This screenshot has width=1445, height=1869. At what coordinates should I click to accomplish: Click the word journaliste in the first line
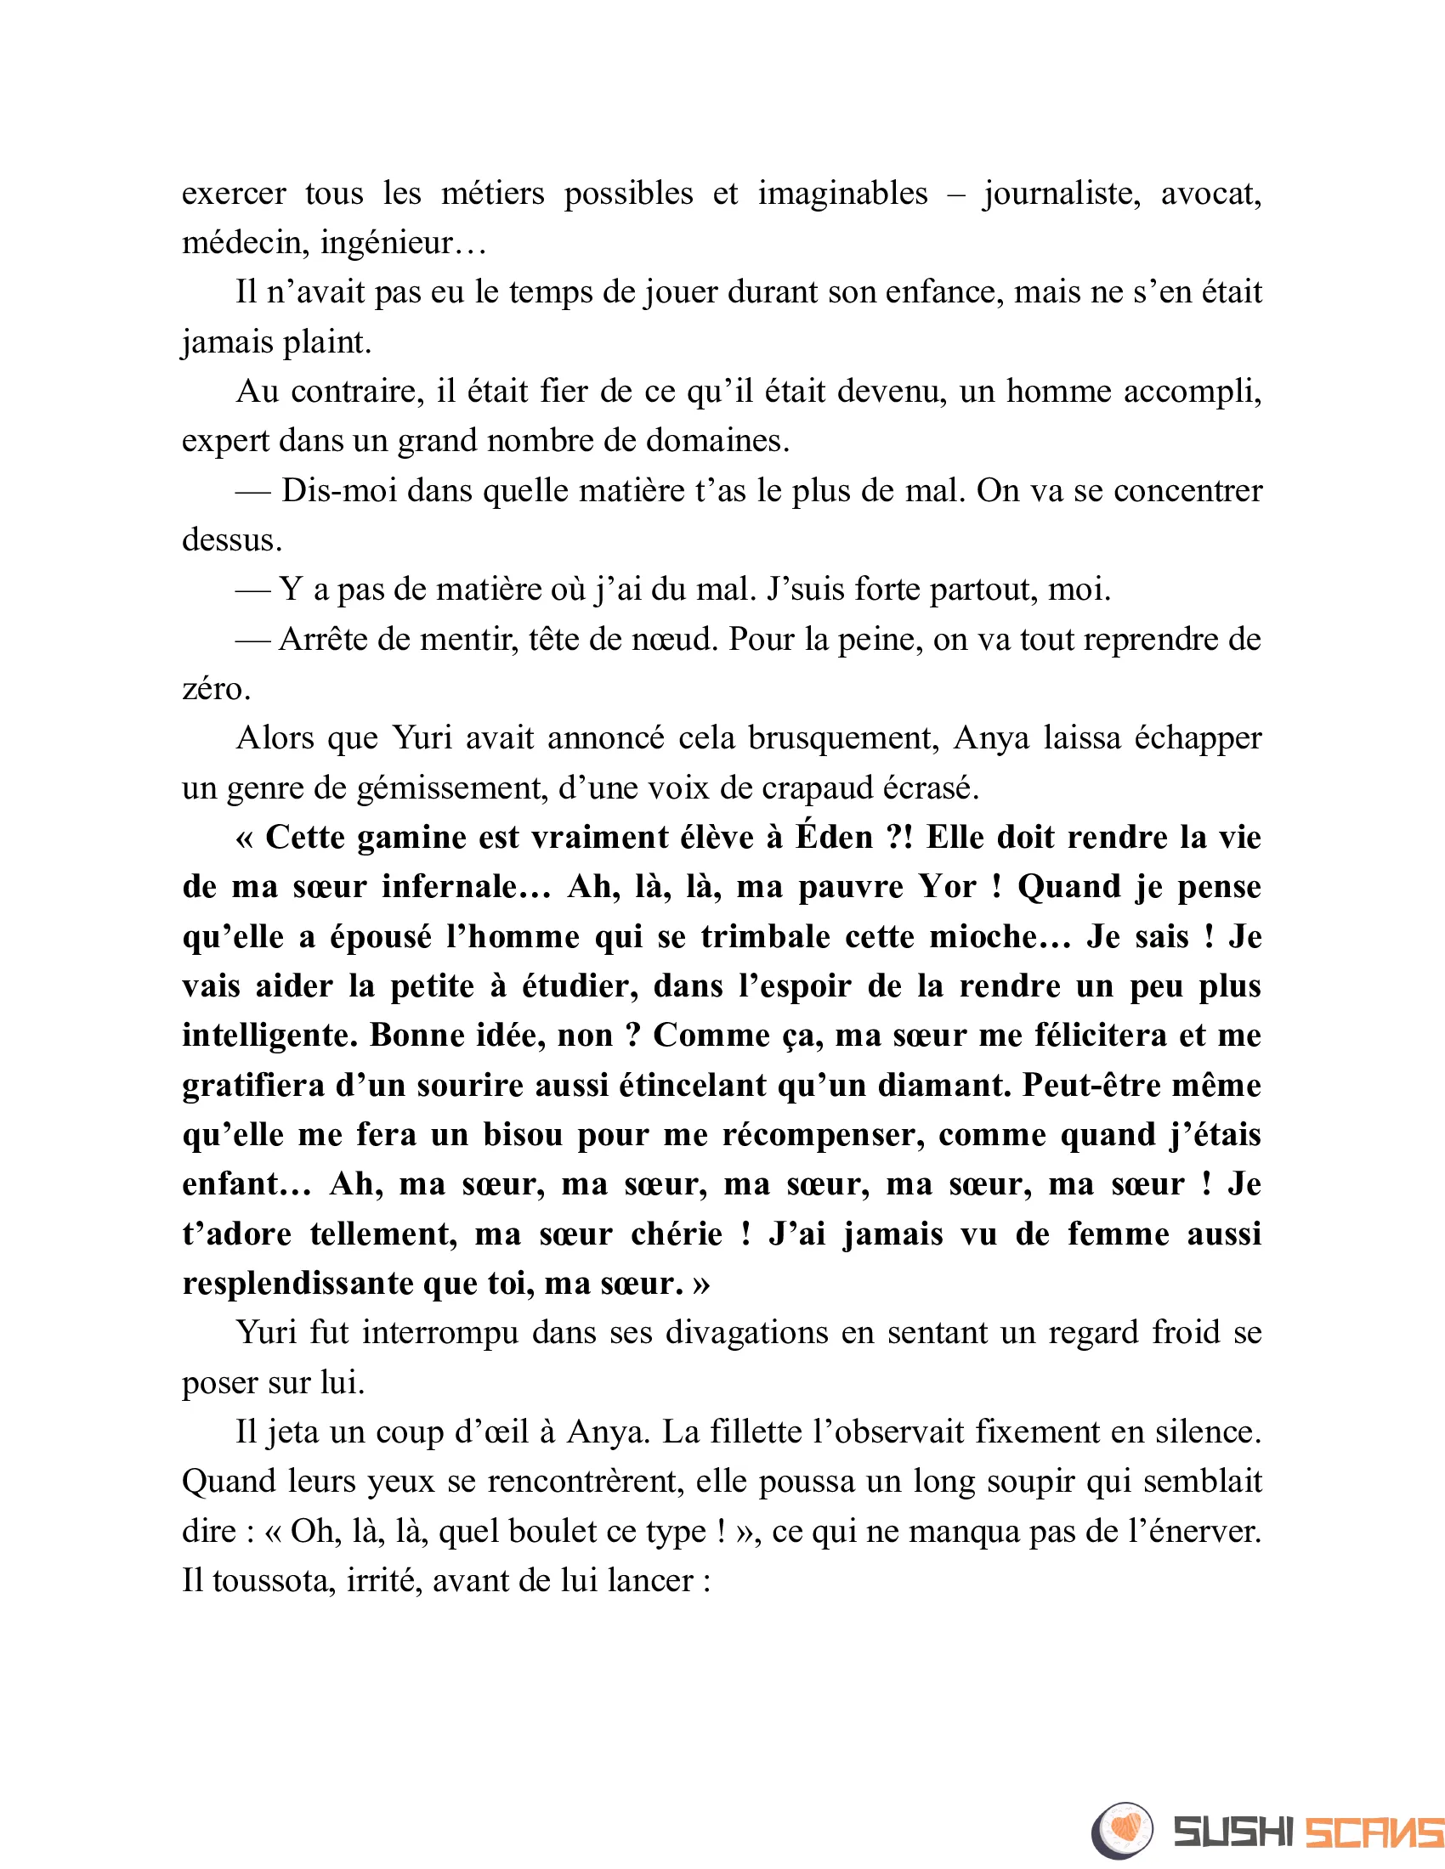click(x=1061, y=194)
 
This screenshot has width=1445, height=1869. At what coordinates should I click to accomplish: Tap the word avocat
click(x=1210, y=194)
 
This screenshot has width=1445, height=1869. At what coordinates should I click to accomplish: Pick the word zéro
click(x=216, y=688)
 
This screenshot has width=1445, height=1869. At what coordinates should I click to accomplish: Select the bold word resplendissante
click(x=297, y=1284)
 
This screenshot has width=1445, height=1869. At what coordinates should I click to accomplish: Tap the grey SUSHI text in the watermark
click(x=1232, y=1832)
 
